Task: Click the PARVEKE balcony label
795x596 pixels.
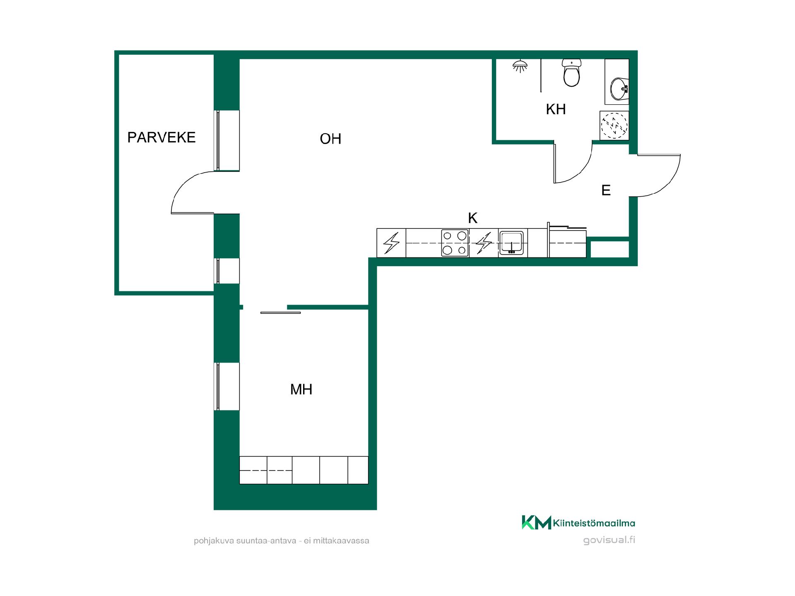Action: click(161, 137)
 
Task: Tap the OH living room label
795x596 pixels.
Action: click(330, 139)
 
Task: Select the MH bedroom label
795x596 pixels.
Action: click(301, 389)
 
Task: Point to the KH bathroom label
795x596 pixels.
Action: click(556, 109)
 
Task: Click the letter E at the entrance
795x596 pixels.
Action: click(606, 190)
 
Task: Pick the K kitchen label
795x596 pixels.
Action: click(472, 218)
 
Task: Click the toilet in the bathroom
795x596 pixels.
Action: click(572, 72)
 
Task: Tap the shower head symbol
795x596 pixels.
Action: click(520, 66)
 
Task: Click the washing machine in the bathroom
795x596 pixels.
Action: click(614, 125)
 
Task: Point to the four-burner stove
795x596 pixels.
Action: click(455, 243)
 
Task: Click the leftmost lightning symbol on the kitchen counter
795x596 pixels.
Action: click(391, 243)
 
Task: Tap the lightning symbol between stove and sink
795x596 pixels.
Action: click(484, 243)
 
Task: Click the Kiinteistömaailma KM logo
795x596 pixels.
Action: click(578, 522)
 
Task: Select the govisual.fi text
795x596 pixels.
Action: click(609, 540)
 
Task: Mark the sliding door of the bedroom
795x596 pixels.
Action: click(280, 312)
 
